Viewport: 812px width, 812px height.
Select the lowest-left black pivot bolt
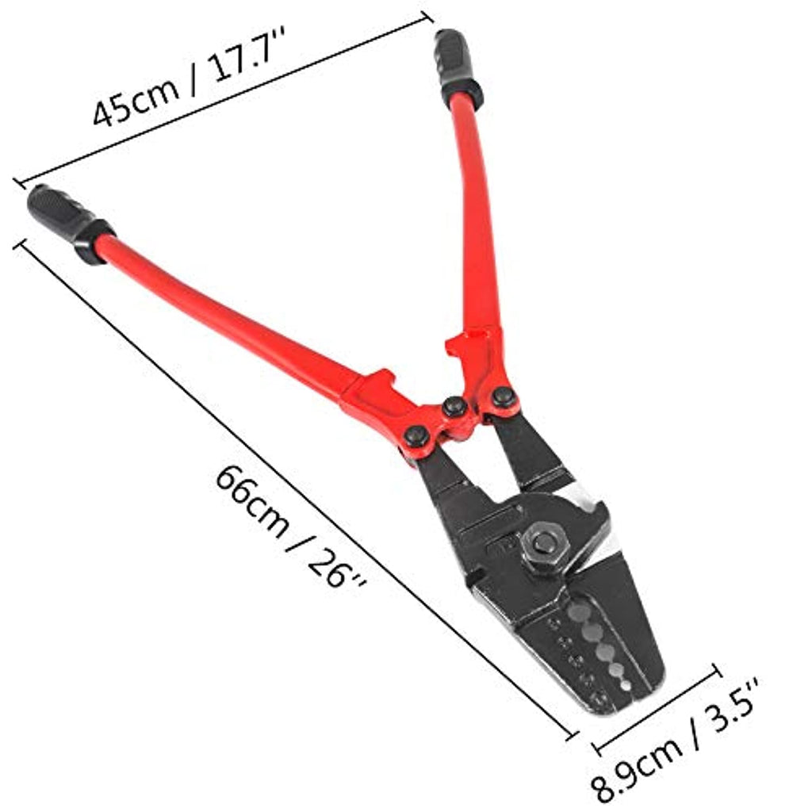point(417,436)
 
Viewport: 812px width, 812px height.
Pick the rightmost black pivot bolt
point(503,397)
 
